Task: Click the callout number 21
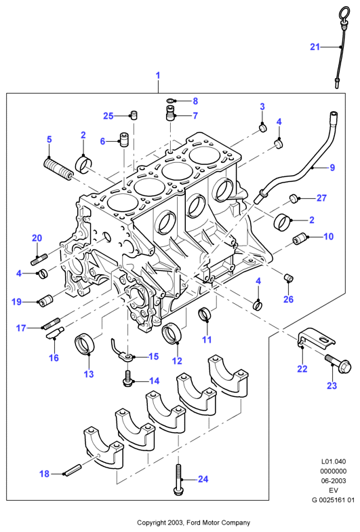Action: [x=315, y=47]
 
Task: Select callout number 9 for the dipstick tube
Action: [x=332, y=167]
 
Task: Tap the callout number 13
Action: [x=88, y=374]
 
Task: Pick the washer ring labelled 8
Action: [x=169, y=100]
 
